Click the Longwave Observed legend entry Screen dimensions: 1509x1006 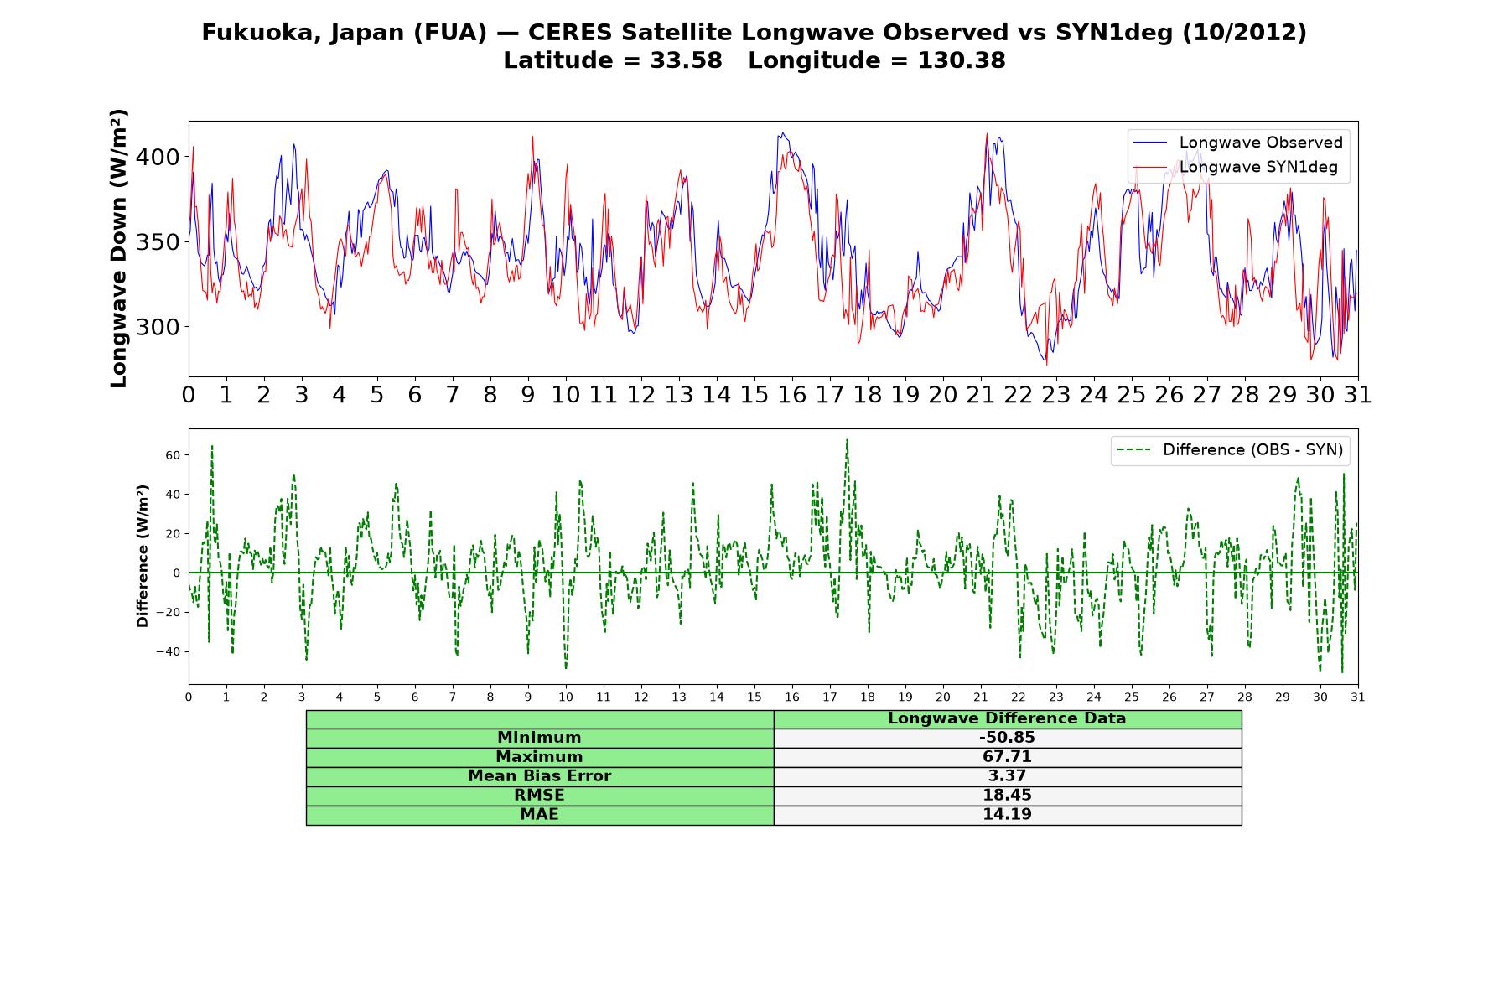[1237, 143]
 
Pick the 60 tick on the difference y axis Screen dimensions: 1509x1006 [174, 455]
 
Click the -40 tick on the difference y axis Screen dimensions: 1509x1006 [169, 651]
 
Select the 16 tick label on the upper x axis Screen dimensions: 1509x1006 [792, 395]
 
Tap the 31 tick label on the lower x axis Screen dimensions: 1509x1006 [1358, 697]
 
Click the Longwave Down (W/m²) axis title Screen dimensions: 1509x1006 [118, 249]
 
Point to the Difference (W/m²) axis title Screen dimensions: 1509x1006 [143, 556]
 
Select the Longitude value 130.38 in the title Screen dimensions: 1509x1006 [962, 60]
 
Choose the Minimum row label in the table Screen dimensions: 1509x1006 [539, 738]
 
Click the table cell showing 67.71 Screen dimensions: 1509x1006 [1007, 757]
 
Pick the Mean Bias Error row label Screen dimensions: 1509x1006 [539, 776]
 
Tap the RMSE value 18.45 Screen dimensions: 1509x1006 [1007, 796]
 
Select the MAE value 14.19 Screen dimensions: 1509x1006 [1007, 815]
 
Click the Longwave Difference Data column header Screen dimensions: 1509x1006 [1007, 718]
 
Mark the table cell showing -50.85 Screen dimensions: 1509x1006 [1007, 738]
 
